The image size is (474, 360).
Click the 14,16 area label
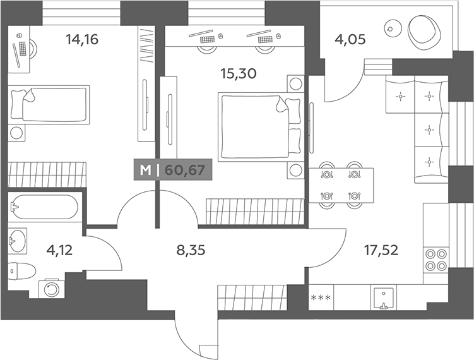click(82, 39)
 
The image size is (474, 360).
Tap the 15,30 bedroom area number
click(239, 73)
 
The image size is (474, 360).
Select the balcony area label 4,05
click(350, 39)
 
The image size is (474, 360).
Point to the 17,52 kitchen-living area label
click(381, 250)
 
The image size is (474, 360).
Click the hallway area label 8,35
click(191, 250)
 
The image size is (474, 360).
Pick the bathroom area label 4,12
click(59, 250)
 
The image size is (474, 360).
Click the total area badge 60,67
click(185, 171)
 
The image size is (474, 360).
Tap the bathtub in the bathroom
click(44, 207)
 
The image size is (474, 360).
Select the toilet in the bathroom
click(21, 270)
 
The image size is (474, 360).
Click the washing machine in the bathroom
click(51, 288)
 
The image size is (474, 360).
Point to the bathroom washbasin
click(18, 241)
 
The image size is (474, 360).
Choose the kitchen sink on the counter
click(384, 297)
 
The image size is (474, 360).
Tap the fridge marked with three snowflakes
click(321, 297)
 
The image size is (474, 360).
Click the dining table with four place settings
click(341, 185)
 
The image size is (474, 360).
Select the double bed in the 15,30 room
click(261, 127)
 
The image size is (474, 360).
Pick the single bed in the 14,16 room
click(49, 105)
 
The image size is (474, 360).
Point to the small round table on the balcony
click(393, 29)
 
